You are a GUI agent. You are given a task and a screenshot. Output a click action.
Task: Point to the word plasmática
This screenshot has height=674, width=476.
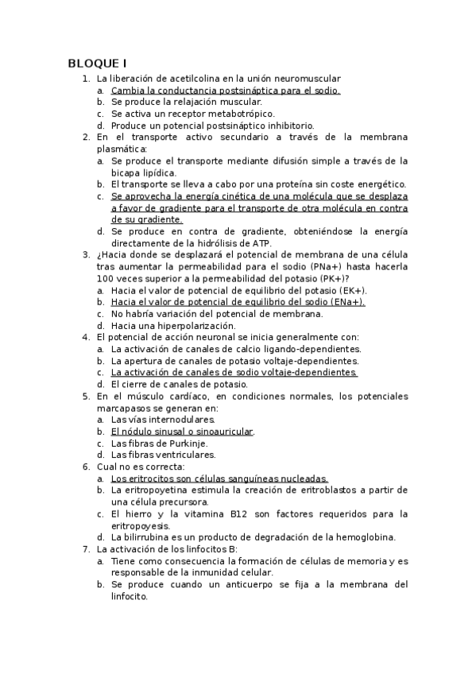click(121, 149)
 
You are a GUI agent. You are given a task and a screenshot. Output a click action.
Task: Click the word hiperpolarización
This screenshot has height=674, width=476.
click(191, 325)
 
